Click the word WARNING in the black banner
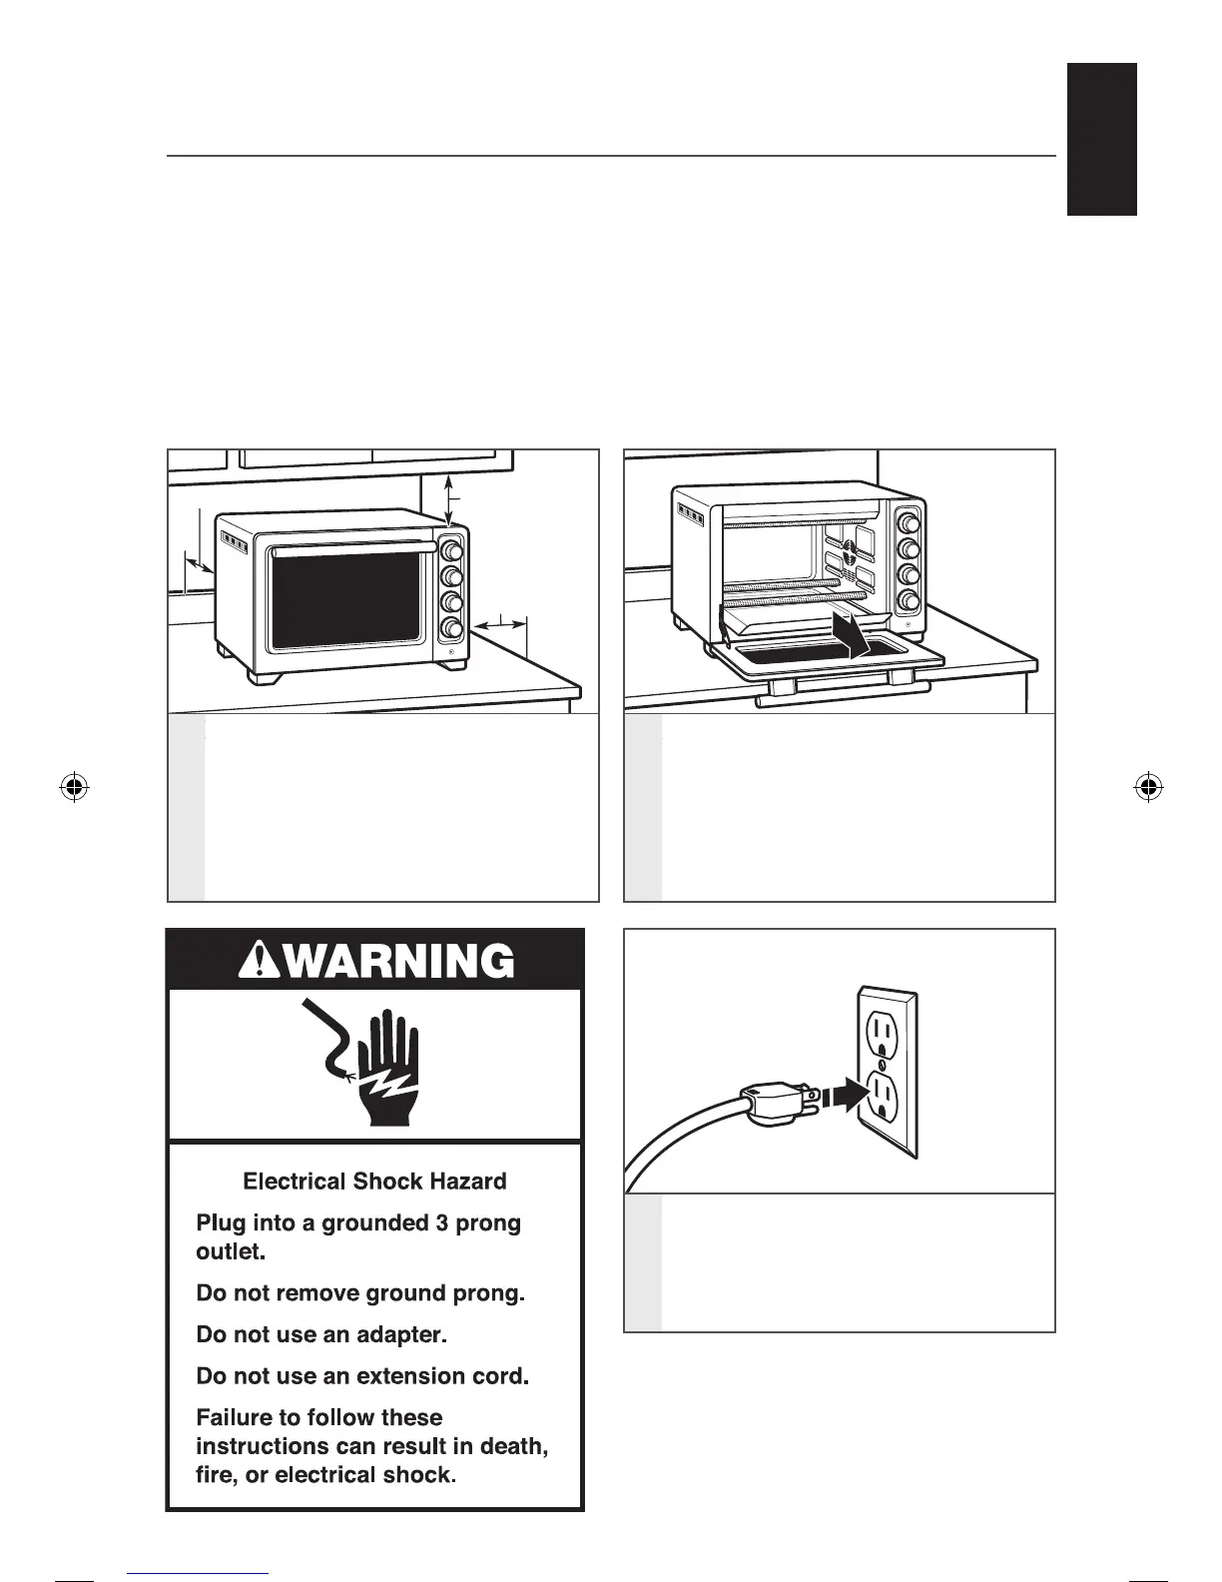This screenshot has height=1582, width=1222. (x=391, y=961)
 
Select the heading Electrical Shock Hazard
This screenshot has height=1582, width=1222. (x=374, y=1182)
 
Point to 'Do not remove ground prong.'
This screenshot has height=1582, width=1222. (x=359, y=1293)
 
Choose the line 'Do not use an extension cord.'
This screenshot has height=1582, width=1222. (x=361, y=1376)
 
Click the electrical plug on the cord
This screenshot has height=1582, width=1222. (x=773, y=1102)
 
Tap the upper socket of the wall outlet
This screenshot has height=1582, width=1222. (x=883, y=1030)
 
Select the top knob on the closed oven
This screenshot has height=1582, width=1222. (x=451, y=551)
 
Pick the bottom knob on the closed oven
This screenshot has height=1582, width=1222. (x=451, y=628)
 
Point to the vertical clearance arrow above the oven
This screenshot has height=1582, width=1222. (x=449, y=499)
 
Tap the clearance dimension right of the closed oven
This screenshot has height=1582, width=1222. (x=499, y=625)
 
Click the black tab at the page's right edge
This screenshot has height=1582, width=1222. (x=1102, y=139)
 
